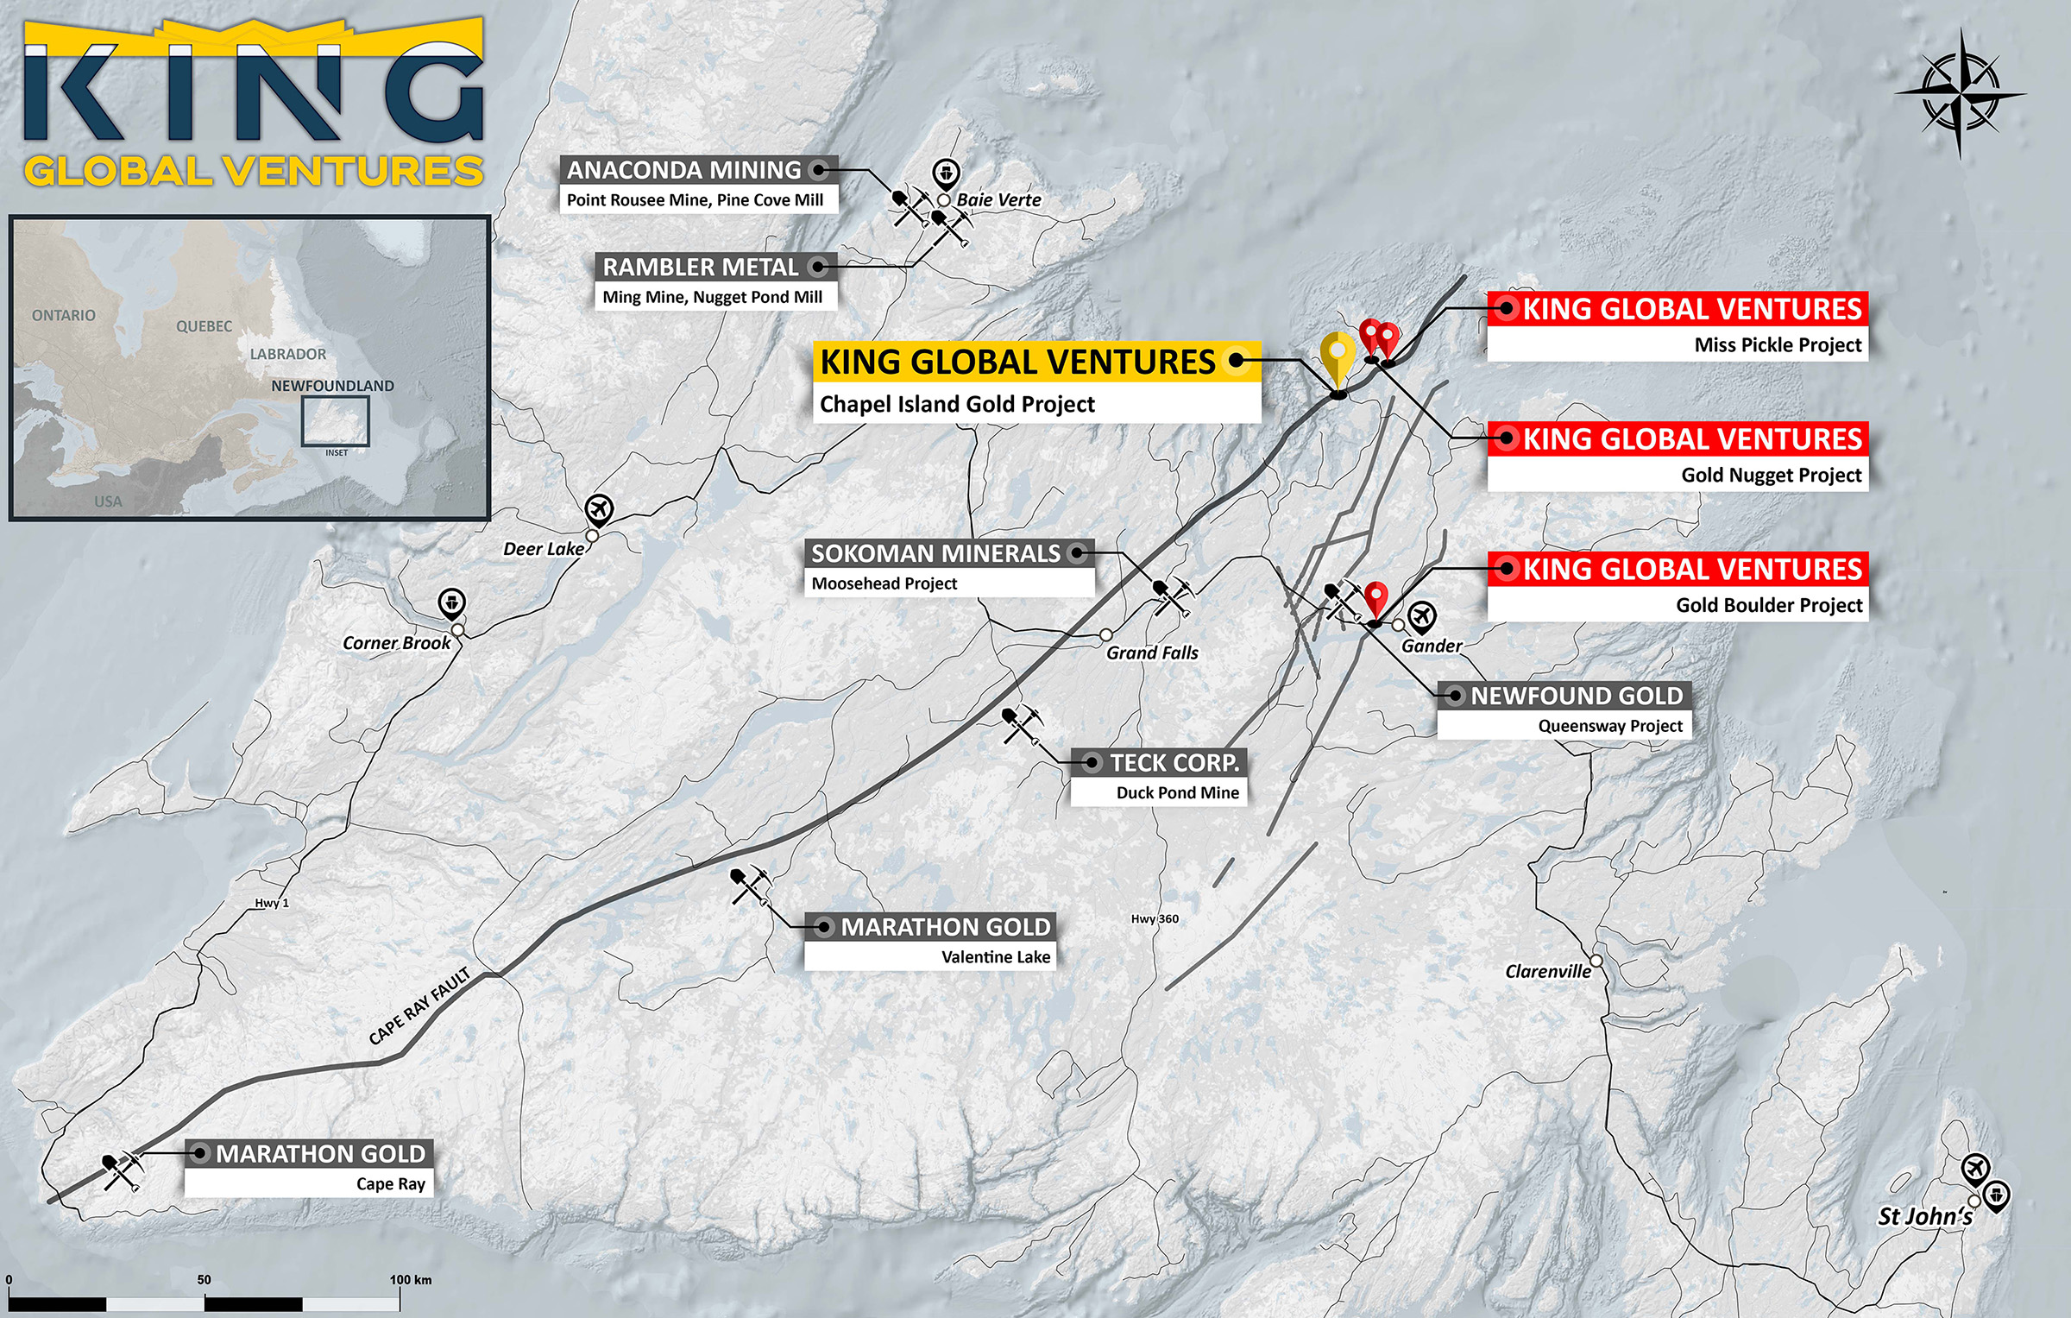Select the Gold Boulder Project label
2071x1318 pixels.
(1769, 605)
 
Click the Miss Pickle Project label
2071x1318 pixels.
(1778, 345)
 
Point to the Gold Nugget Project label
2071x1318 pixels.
(1771, 476)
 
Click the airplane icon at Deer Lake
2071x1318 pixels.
(599, 509)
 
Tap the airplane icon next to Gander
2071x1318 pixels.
(1421, 616)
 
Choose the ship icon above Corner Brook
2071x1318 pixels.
(452, 602)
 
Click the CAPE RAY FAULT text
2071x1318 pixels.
(419, 1006)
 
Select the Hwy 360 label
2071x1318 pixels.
(1155, 918)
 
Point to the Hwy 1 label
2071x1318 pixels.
(272, 903)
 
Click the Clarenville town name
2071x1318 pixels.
(1548, 971)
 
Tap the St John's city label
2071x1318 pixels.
(1925, 1216)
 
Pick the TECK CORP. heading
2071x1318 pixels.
(1174, 763)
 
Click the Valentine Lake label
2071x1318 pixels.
(996, 956)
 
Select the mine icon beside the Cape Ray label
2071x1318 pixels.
(121, 1171)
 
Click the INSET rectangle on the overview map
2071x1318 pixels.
(336, 421)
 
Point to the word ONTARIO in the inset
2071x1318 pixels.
(64, 315)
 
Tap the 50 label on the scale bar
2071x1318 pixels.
(204, 1279)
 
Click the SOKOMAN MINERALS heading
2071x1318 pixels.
(935, 553)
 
